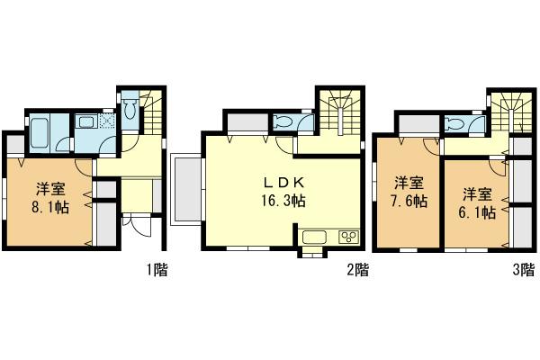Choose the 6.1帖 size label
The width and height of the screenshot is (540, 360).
477,213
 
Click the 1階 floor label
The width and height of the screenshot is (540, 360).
157,268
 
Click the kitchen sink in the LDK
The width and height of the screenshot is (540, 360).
316,238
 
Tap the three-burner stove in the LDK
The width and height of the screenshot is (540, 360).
346,238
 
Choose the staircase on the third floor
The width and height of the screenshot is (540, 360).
506,112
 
